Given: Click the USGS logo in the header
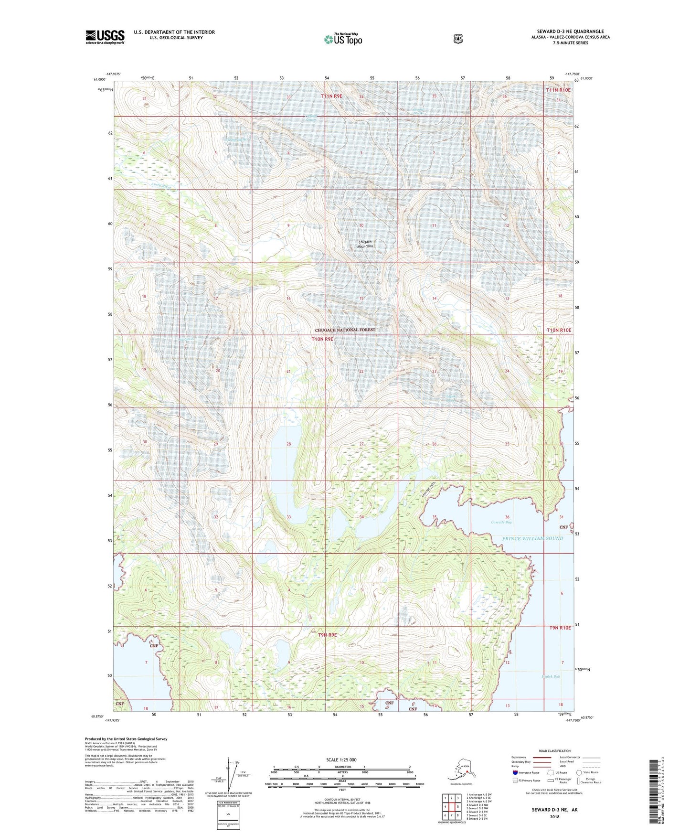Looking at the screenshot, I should (105, 37).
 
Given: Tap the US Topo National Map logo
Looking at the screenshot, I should (342, 39).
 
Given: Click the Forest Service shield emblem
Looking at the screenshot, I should (458, 39).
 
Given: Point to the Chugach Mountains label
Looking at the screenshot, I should (365, 244).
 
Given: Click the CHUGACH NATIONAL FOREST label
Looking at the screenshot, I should (345, 330).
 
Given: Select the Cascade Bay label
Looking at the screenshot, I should (501, 522).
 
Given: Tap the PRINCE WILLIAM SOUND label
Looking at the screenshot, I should (532, 538).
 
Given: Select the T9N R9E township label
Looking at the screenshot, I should (328, 635).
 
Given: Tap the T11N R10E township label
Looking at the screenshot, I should (558, 90).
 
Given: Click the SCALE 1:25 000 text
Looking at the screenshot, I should (341, 760).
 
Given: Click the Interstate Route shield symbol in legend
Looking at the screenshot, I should (515, 772).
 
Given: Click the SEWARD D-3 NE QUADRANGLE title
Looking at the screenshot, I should (567, 32).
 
